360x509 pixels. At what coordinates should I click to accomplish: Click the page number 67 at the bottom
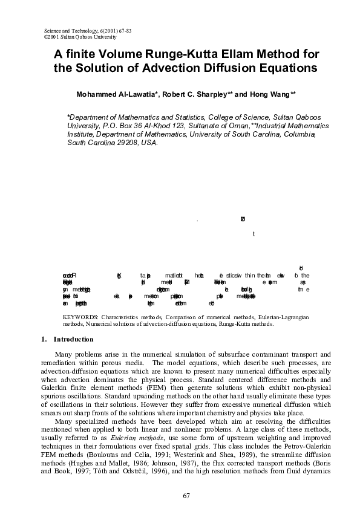point(186,496)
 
